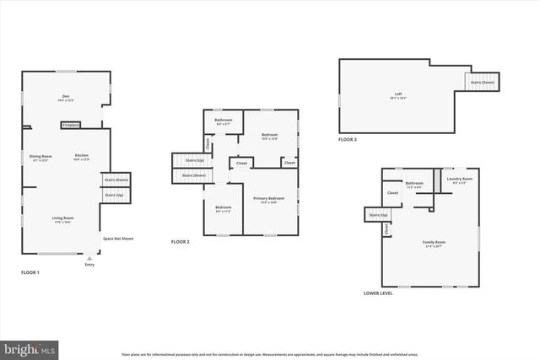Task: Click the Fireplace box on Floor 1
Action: click(71, 125)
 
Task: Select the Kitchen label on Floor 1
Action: click(82, 156)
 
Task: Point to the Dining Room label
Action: click(41, 157)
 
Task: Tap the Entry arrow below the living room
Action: click(89, 261)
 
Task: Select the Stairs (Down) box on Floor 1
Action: click(116, 180)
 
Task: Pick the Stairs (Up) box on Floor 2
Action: click(188, 159)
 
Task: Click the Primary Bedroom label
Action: click(268, 199)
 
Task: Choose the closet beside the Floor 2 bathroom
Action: click(208, 144)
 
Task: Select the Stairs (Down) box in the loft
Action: click(482, 82)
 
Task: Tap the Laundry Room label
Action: click(459, 180)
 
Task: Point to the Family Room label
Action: click(434, 243)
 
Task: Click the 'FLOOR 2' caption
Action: click(180, 242)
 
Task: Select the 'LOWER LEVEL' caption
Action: click(377, 293)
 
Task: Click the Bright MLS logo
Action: click(30, 347)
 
